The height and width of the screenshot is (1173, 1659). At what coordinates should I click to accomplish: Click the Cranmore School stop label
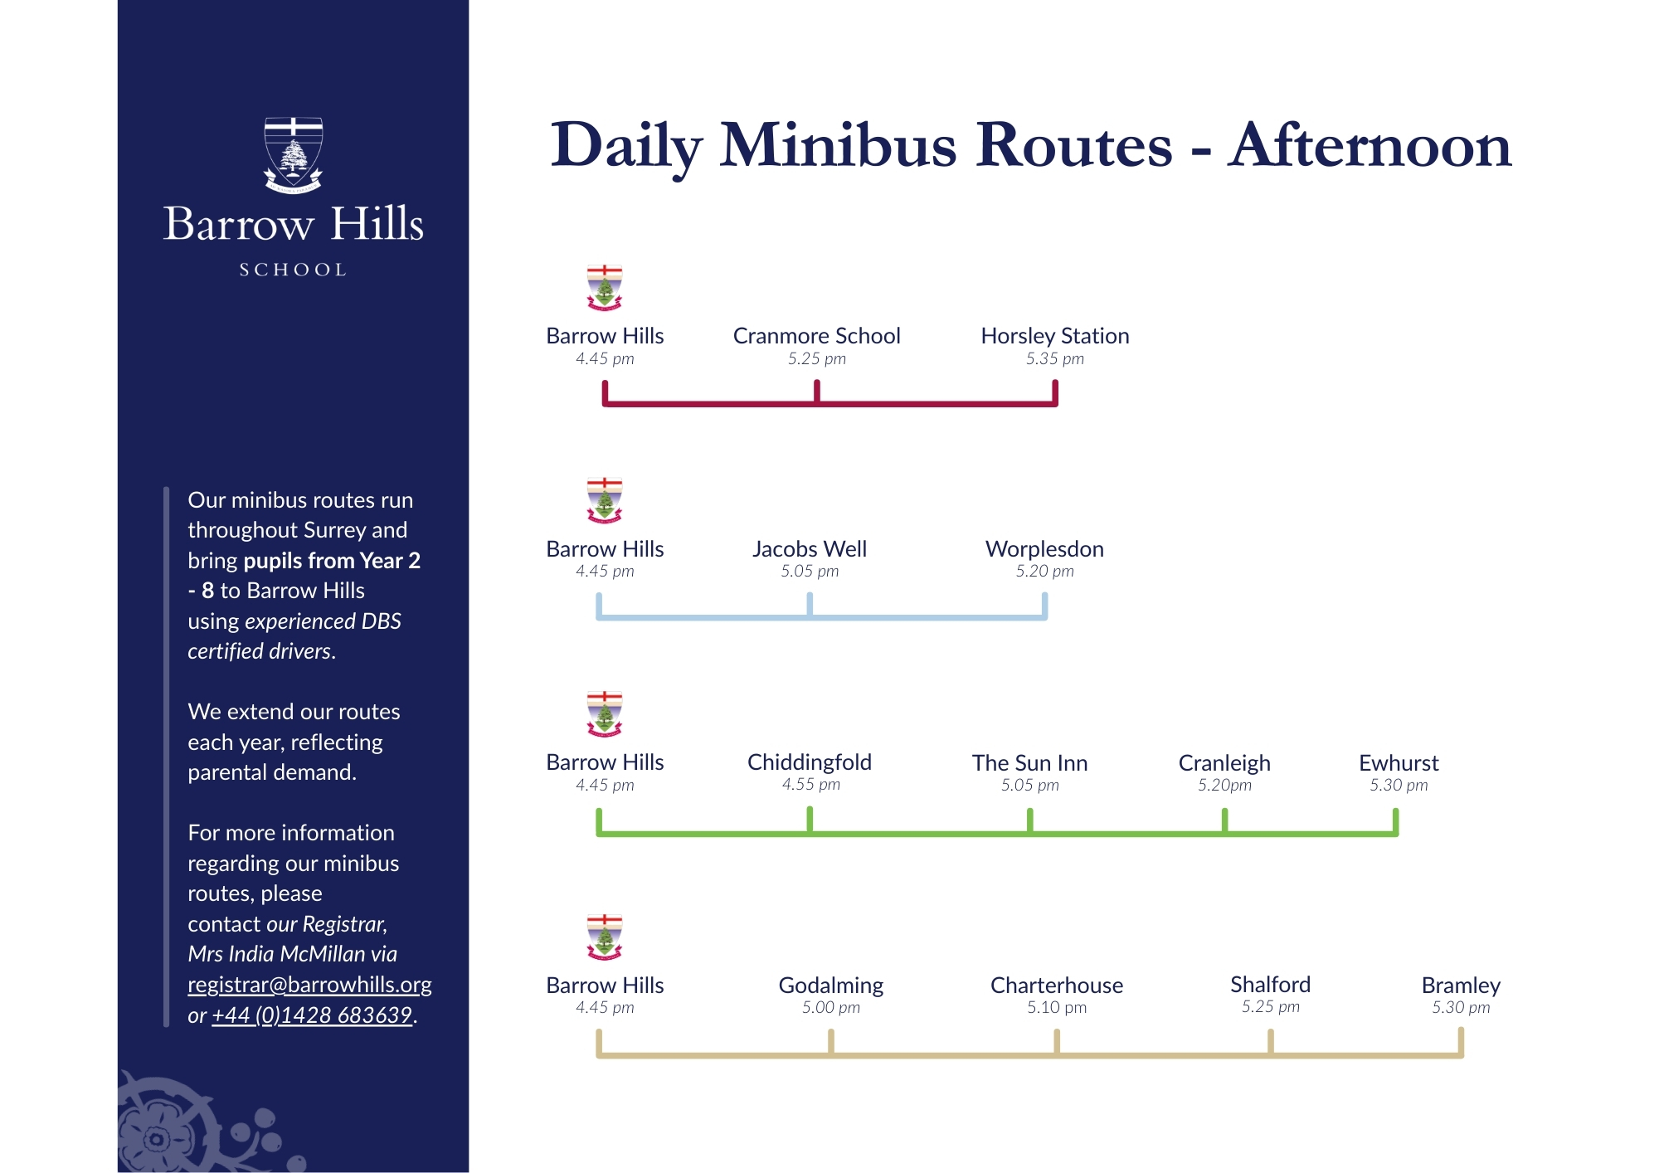click(x=816, y=336)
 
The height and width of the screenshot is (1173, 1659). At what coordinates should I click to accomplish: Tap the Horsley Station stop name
click(x=1055, y=336)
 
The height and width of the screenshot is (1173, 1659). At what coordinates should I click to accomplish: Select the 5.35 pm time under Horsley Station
click(x=1055, y=358)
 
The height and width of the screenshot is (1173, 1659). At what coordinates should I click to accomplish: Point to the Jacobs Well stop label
click(x=810, y=549)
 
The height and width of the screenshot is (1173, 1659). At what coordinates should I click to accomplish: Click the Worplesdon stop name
click(x=1044, y=549)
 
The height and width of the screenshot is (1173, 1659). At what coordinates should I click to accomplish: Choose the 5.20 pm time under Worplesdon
click(x=1044, y=571)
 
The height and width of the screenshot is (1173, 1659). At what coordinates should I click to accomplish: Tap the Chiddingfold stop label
click(x=810, y=762)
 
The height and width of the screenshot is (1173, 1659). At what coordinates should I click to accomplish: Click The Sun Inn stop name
click(x=1029, y=763)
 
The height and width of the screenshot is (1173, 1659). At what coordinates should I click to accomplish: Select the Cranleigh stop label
click(x=1224, y=763)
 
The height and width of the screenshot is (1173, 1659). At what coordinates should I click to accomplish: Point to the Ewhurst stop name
click(x=1399, y=763)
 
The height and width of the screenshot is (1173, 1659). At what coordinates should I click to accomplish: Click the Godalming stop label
click(x=830, y=986)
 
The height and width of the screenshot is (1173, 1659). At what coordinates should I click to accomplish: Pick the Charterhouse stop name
click(x=1056, y=986)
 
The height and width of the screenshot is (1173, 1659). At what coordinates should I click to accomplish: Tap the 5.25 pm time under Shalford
click(x=1270, y=1006)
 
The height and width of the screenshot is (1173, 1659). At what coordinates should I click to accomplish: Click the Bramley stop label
click(x=1461, y=986)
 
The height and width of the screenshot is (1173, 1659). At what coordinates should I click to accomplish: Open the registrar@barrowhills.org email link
click(x=309, y=985)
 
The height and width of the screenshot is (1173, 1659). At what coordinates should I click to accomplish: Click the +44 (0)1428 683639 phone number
click(x=312, y=1015)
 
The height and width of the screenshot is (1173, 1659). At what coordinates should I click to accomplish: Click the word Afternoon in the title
click(x=1370, y=146)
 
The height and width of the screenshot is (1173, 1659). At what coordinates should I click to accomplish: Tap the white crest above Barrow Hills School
click(x=293, y=155)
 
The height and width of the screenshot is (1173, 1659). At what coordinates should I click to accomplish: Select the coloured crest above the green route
click(x=605, y=713)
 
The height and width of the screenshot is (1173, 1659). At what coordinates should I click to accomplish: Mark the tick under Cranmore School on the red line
click(x=817, y=392)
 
